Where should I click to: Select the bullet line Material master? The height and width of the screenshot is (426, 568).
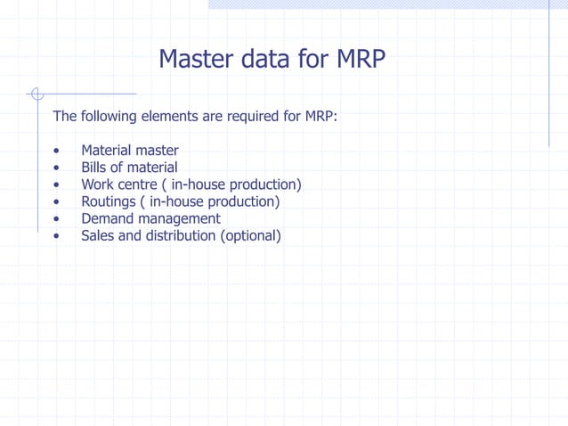129,151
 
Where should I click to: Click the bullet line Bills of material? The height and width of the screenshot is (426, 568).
129,168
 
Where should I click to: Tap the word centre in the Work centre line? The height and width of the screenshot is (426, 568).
137,184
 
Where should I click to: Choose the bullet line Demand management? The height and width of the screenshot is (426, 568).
150,218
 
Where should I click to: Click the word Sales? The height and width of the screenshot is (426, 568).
97,235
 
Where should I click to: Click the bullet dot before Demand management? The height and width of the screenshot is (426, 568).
57,219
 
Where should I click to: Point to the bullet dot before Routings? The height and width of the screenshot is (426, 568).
57,202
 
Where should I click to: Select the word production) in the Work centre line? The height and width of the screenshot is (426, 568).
265,184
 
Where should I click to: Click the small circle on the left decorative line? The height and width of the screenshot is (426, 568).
36,93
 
